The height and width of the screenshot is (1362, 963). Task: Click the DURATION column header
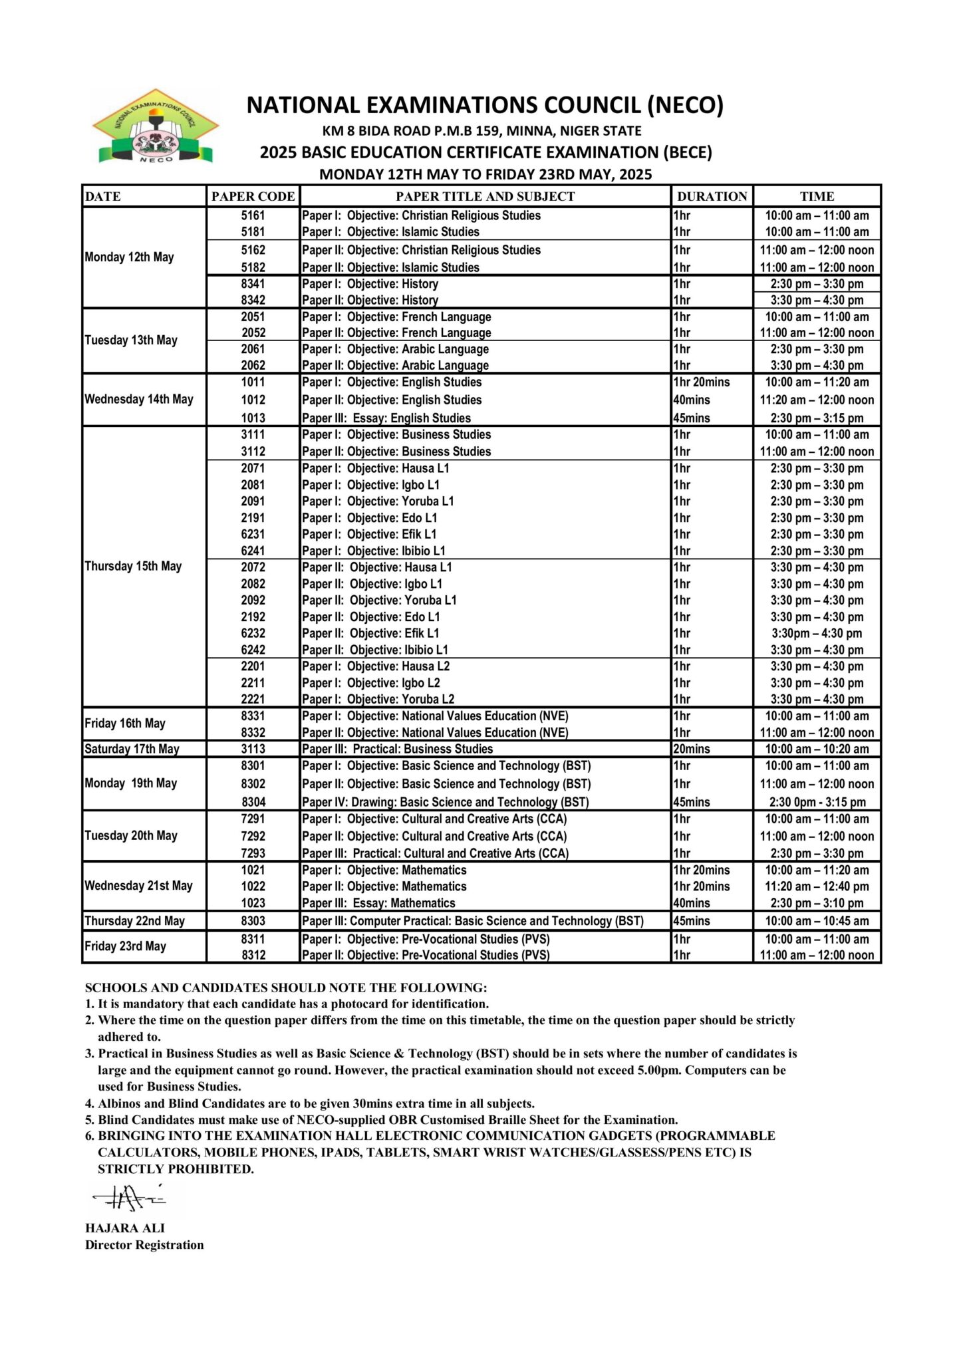[712, 196]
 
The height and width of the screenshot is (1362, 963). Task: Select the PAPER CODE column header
[253, 196]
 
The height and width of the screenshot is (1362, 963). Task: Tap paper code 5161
[253, 215]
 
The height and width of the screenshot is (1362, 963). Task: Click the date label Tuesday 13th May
[131, 340]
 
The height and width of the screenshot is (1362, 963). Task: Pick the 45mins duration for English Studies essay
[691, 418]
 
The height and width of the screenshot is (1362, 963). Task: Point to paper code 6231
[253, 534]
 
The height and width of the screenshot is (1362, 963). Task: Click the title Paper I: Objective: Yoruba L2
[378, 700]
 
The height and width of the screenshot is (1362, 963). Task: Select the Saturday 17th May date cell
[132, 749]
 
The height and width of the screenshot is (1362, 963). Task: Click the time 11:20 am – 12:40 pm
[817, 886]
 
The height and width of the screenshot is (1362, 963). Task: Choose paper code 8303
[253, 921]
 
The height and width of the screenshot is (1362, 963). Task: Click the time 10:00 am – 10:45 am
[817, 921]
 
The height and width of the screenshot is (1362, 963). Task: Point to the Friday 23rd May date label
[125, 946]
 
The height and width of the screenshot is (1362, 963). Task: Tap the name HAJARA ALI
[125, 1228]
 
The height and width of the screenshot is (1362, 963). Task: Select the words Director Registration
[144, 1245]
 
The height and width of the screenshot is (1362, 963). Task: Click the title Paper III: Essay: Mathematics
[378, 903]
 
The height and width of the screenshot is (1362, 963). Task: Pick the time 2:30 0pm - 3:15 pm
[817, 802]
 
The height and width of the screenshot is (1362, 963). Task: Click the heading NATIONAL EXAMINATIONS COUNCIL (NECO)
[485, 105]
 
